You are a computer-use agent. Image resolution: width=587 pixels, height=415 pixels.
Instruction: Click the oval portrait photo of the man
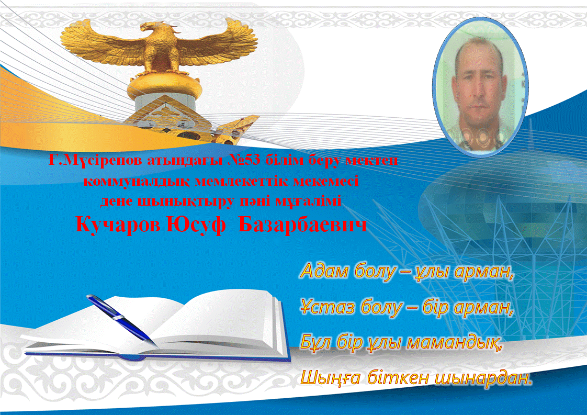tap(480, 87)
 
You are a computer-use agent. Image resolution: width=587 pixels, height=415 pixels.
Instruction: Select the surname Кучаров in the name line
tap(118, 225)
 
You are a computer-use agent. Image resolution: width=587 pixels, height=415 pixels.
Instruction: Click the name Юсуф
tap(196, 225)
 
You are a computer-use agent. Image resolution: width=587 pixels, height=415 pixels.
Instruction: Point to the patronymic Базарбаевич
tap(302, 225)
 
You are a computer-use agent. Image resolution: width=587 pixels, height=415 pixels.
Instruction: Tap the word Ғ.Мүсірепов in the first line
tap(95, 161)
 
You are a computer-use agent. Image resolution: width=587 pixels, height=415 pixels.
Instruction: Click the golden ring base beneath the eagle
tap(165, 87)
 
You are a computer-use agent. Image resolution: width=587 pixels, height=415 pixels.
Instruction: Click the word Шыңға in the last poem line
tap(331, 378)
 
